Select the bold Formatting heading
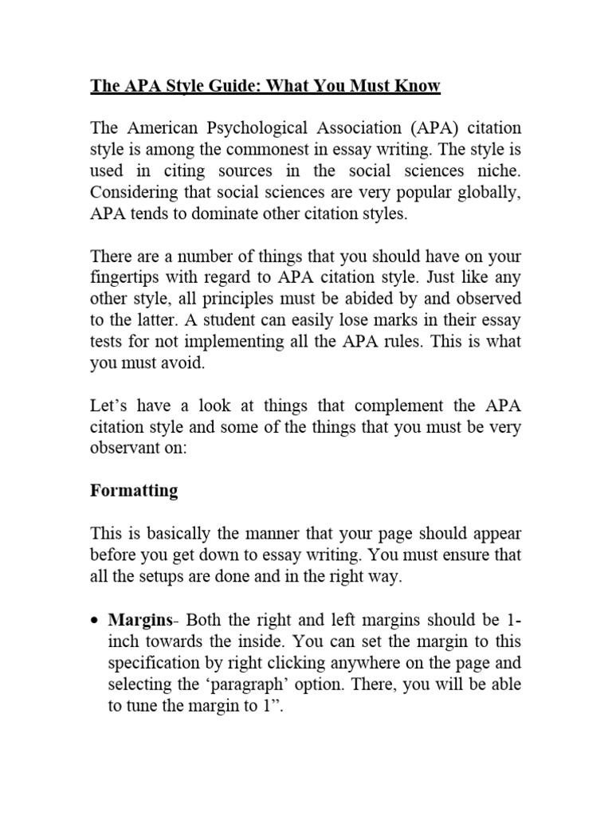134,491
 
